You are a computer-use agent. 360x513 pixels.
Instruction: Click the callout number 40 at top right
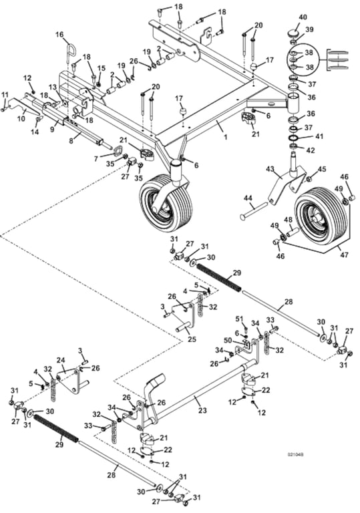[303, 17]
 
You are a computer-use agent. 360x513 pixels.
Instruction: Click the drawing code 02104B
[296, 455]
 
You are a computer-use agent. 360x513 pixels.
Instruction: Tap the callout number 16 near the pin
[59, 35]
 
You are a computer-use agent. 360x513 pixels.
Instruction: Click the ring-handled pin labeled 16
[69, 53]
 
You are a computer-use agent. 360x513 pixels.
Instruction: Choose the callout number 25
[194, 339]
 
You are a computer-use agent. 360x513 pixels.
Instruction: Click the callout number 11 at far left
[5, 94]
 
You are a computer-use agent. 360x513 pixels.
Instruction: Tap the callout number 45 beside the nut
[322, 170]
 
